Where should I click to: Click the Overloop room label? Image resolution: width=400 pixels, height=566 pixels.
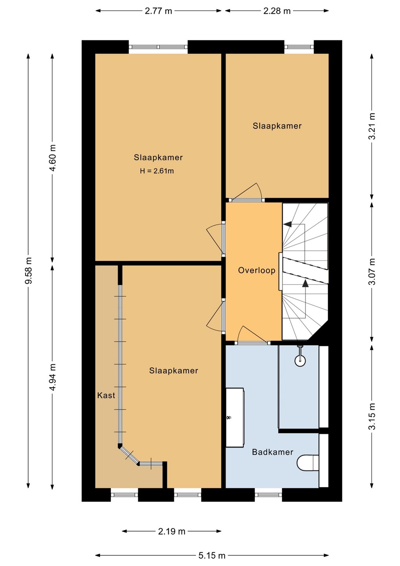(x=257, y=270)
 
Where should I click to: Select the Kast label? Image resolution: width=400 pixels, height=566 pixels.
(x=106, y=395)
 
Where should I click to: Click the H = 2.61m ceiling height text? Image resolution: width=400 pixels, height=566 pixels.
(x=157, y=171)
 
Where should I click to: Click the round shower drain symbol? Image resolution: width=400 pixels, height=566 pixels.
(x=300, y=360)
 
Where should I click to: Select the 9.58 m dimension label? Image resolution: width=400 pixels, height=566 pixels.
(x=28, y=270)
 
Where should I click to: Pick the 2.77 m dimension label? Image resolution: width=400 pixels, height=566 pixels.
(x=158, y=11)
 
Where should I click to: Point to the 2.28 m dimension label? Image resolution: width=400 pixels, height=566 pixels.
(x=277, y=11)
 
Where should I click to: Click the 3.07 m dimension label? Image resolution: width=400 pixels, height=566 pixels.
(x=372, y=271)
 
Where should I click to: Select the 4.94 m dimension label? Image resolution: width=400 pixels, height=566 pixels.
(x=52, y=377)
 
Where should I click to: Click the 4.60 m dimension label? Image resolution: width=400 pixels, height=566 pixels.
(x=52, y=158)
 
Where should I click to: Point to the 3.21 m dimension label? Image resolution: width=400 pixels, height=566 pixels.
(x=372, y=126)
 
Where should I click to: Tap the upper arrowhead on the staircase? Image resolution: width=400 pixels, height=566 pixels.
(x=287, y=224)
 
